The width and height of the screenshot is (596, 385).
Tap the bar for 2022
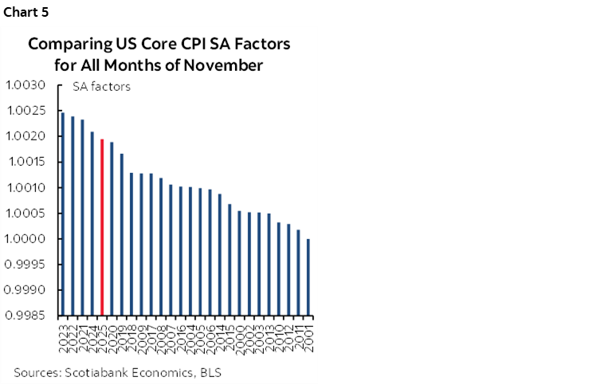(x=73, y=216)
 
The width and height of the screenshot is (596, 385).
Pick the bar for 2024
(x=92, y=223)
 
